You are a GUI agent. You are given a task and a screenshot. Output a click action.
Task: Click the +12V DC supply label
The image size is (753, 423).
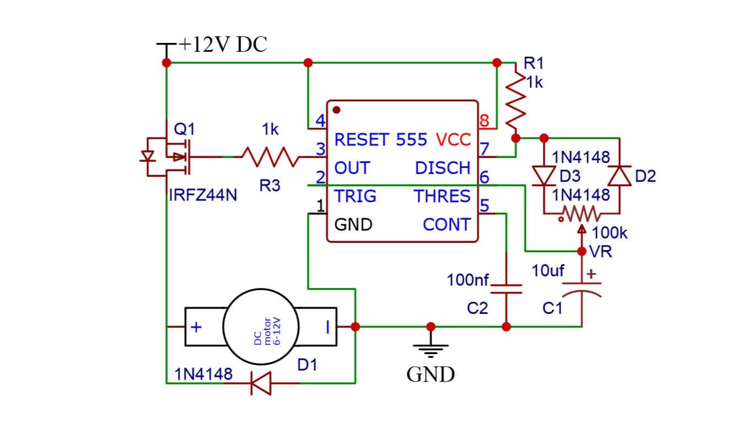pyautogui.click(x=223, y=44)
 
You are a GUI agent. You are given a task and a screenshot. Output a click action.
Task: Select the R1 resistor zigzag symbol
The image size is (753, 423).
pyautogui.click(x=516, y=99)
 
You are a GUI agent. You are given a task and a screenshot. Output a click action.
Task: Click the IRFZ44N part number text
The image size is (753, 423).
pyautogui.click(x=203, y=195)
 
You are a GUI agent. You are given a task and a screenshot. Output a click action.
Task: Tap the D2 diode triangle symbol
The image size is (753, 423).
pyautogui.click(x=619, y=176)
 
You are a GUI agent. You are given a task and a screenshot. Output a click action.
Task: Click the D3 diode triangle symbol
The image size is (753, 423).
pyautogui.click(x=544, y=176)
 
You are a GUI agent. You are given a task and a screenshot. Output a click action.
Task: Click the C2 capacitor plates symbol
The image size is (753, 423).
pyautogui.click(x=506, y=289)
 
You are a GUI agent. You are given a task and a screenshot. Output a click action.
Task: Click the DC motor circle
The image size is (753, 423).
pyautogui.click(x=260, y=327)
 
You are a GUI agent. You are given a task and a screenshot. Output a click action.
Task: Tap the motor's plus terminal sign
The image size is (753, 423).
pyautogui.click(x=196, y=327)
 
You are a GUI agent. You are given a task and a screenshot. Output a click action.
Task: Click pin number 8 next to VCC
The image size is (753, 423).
pyautogui.click(x=484, y=120)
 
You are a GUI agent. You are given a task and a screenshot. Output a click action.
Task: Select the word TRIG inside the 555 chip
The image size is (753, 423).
pyautogui.click(x=355, y=196)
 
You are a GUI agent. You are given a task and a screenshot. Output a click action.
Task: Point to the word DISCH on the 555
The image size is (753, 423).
pyautogui.click(x=443, y=168)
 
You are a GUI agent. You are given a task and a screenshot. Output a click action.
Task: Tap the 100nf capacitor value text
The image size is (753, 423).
pyautogui.click(x=467, y=280)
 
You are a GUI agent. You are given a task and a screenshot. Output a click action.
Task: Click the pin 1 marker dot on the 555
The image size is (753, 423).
pyautogui.click(x=336, y=110)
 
